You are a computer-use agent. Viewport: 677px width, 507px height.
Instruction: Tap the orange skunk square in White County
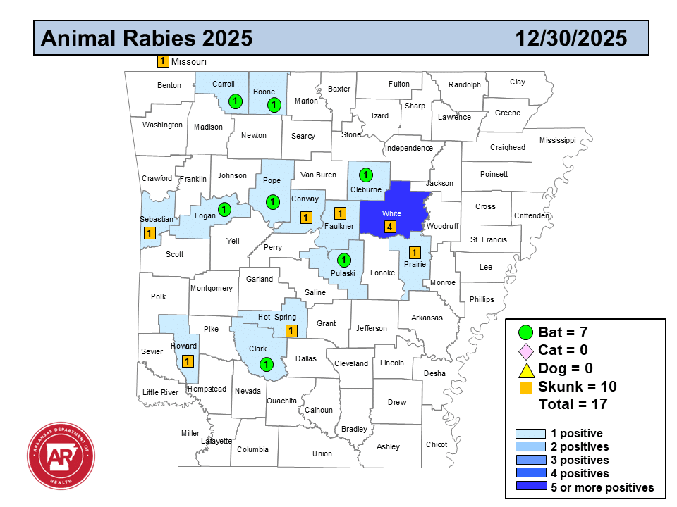click(389, 227)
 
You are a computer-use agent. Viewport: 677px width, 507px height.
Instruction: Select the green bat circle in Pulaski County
click(343, 260)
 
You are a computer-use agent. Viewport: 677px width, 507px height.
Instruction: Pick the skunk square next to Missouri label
click(162, 61)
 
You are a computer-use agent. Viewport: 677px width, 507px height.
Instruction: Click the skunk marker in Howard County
click(188, 361)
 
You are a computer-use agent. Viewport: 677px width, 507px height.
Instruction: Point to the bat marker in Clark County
click(266, 364)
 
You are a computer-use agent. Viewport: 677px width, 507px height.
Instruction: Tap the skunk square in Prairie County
click(415, 253)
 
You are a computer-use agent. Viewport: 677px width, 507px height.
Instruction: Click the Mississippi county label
click(557, 140)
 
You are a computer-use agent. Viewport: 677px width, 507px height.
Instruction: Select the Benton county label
click(169, 86)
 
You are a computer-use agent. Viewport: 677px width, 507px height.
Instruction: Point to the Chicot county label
click(437, 444)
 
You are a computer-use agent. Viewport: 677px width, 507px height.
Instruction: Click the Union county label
click(322, 453)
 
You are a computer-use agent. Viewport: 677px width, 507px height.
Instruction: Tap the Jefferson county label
click(372, 328)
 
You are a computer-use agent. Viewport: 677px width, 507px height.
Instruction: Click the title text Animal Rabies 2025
click(147, 38)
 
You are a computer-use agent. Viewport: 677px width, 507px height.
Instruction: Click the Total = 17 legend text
click(573, 404)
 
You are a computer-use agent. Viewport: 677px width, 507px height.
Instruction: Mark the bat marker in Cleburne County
click(365, 174)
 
